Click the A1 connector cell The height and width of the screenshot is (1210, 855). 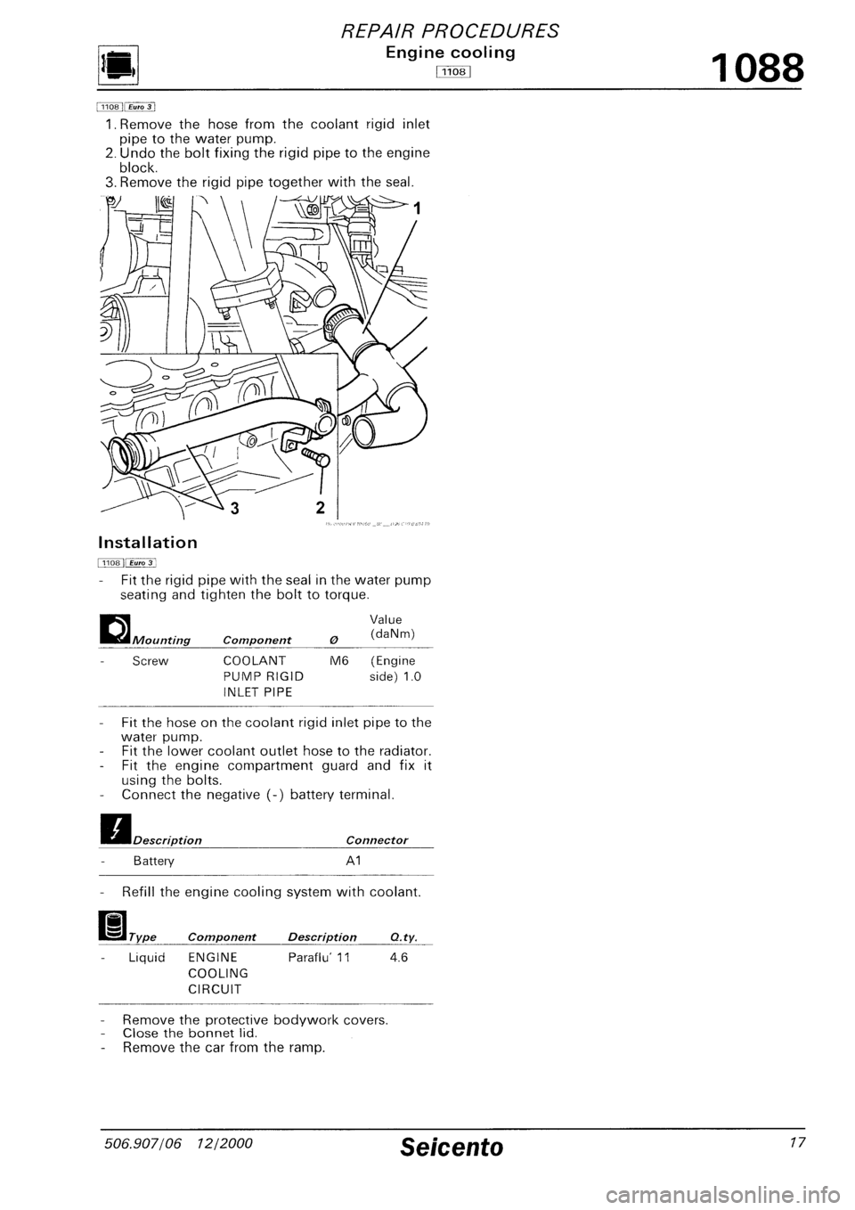[x=354, y=862]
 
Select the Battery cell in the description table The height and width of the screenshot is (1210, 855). [x=152, y=862]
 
